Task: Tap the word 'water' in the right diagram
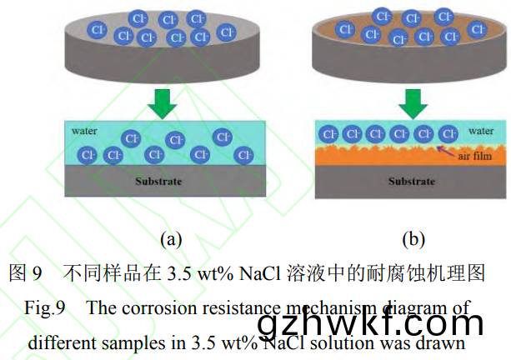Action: pos(480,131)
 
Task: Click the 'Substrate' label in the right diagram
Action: pos(411,181)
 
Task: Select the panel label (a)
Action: pos(171,239)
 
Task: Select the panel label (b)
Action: pos(413,239)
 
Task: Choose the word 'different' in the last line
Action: pos(62,342)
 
